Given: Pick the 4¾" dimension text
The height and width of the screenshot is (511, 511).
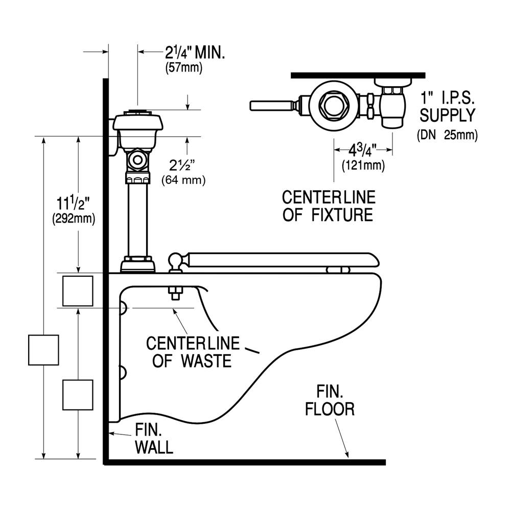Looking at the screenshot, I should coord(363,151).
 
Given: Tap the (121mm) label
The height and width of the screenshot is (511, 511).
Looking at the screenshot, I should coord(363,165).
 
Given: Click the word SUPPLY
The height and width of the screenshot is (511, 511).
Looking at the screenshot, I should coord(447,116).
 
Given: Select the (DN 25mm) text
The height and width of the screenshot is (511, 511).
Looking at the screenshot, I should coord(447,135).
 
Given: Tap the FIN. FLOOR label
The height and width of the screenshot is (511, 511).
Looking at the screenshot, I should coord(329,401).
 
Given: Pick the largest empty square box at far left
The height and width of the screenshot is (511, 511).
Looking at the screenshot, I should coord(42,350).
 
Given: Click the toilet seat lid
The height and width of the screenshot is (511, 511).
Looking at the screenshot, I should coord(281,259).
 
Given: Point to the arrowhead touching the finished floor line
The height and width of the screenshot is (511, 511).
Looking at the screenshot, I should coord(347,453).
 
